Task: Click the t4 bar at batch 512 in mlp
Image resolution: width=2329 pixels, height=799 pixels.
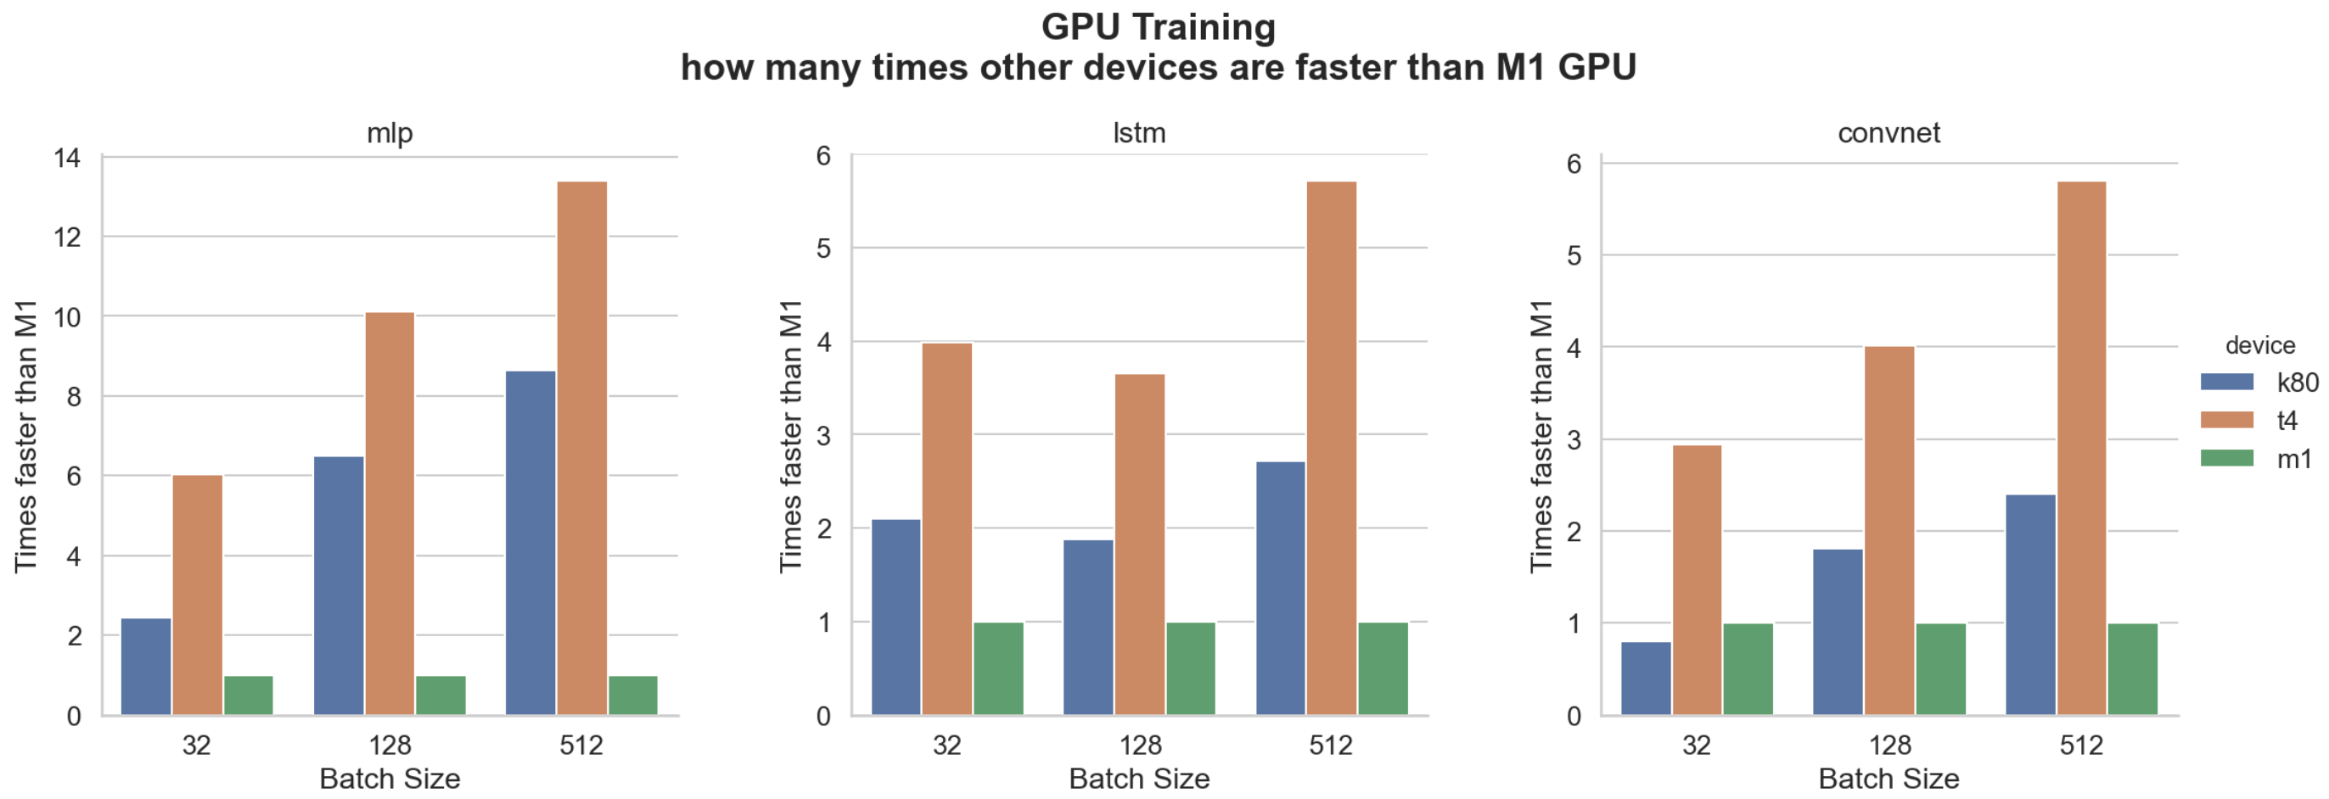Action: [x=581, y=449]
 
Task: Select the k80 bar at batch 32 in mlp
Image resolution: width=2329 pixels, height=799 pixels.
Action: [x=146, y=667]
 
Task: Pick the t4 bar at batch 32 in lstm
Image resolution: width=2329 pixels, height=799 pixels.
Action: [x=946, y=528]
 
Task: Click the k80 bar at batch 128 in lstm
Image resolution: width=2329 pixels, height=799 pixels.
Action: [x=1089, y=628]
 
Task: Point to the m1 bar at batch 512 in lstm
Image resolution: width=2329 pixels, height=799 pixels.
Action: [x=1383, y=669]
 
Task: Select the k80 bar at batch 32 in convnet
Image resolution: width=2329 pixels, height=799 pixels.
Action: [x=1646, y=678]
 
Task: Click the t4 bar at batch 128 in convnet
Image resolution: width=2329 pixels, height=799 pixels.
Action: [x=1889, y=531]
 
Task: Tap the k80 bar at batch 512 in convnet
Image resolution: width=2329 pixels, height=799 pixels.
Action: [x=2030, y=605]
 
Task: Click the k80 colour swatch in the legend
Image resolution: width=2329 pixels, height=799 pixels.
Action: [x=2227, y=383]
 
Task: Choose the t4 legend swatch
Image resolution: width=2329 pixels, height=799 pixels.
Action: [x=2227, y=421]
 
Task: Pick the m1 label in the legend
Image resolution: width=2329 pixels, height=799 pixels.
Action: [x=2293, y=459]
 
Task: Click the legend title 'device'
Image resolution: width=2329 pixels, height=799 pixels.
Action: [x=2259, y=345]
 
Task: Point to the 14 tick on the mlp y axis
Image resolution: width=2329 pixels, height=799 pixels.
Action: [x=67, y=159]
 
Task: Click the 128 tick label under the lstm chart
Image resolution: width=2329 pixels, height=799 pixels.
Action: [x=1139, y=745]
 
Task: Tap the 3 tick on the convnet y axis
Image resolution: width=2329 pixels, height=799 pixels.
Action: [x=1574, y=440]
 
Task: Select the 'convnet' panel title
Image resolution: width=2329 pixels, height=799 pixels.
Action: [x=1888, y=133]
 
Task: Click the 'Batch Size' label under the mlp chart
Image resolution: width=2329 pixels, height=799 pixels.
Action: [x=390, y=778]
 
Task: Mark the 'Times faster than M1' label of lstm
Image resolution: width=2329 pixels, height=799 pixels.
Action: [x=790, y=436]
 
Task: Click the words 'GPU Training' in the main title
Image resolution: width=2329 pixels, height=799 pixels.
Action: [x=1159, y=27]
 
